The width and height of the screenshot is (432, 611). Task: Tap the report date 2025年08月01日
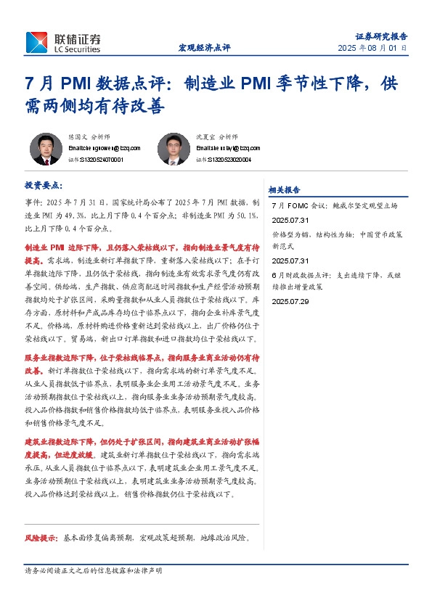(x=372, y=48)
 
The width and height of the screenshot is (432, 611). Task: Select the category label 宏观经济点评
(x=204, y=48)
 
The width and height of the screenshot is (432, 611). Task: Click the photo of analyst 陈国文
(x=46, y=149)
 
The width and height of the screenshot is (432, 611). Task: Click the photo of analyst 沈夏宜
(x=174, y=149)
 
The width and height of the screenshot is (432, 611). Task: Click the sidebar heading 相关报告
(x=285, y=189)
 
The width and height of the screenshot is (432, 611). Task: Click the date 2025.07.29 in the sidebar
(x=290, y=301)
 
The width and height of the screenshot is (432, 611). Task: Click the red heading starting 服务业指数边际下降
(x=142, y=358)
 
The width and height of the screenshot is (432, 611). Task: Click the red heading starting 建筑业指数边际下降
(x=142, y=441)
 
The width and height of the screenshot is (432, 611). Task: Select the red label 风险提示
(x=41, y=538)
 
